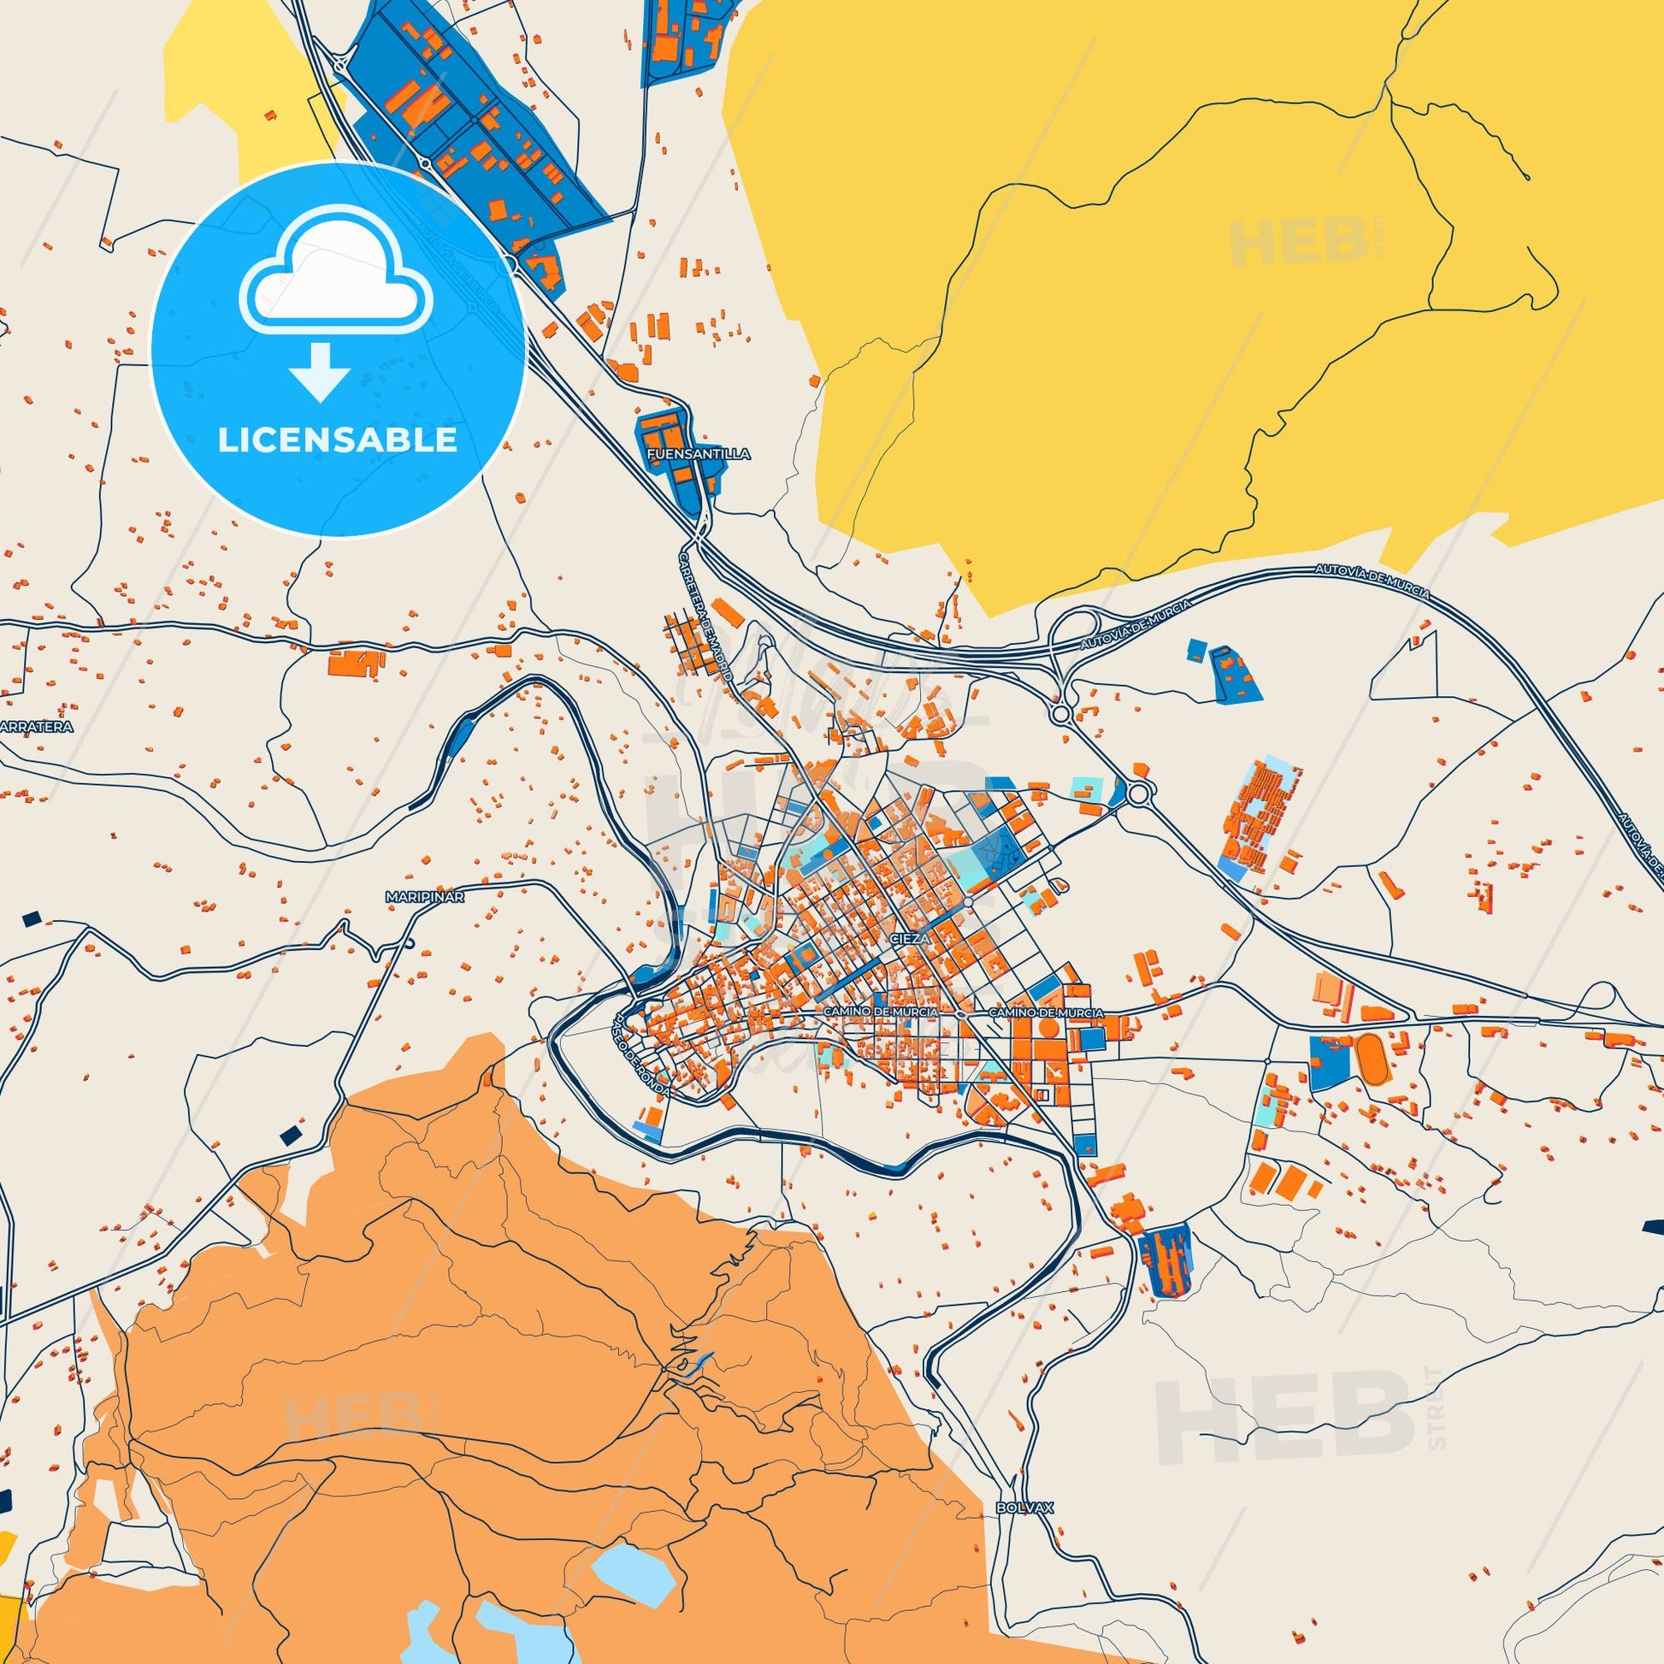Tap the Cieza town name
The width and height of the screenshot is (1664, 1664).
(907, 941)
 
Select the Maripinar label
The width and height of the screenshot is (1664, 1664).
(426, 897)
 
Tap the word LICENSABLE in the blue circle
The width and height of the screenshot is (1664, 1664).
(337, 441)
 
